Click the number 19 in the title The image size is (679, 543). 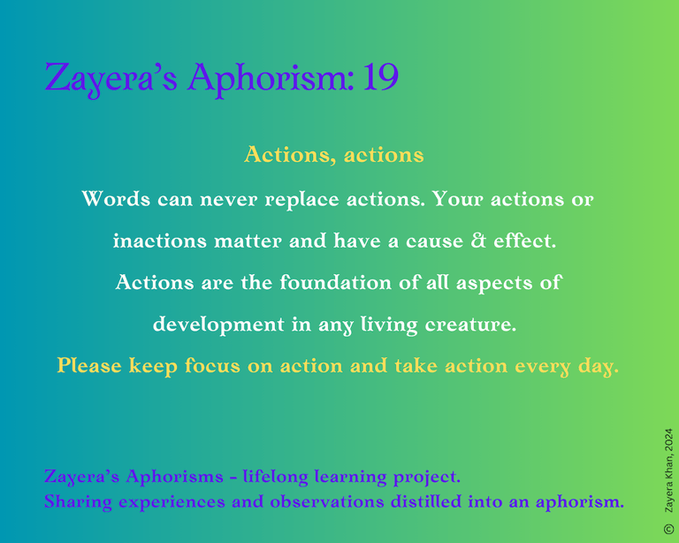[381, 77]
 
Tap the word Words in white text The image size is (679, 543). [116, 199]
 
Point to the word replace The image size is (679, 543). [301, 200]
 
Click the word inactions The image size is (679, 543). [160, 241]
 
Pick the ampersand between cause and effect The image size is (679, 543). [478, 241]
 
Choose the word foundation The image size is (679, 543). [336, 282]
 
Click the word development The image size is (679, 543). [218, 325]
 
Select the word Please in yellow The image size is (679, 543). [89, 365]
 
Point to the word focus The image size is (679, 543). [212, 365]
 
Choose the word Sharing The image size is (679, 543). [78, 502]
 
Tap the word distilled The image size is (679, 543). [425, 501]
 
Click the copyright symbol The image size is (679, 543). [668, 529]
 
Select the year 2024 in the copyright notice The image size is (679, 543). [668, 439]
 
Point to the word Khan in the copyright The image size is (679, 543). [668, 467]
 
